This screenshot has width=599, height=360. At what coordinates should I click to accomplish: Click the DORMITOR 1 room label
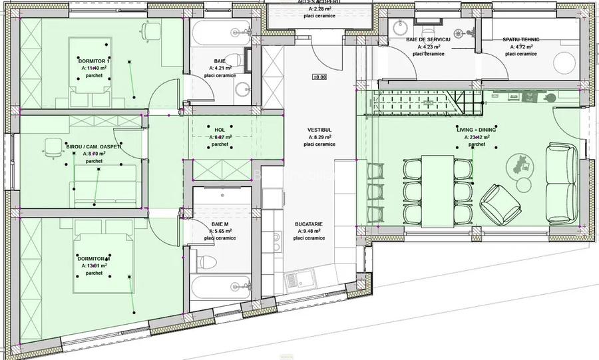(93, 61)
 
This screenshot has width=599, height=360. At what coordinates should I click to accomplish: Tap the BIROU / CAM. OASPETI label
(94, 146)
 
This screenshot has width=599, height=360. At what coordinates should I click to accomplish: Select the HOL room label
(220, 130)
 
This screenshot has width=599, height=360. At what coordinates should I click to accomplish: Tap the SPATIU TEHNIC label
(521, 40)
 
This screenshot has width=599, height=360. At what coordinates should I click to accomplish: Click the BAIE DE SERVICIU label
(429, 40)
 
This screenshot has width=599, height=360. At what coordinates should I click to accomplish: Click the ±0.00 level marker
(319, 77)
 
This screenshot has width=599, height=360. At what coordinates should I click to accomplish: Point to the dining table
(437, 189)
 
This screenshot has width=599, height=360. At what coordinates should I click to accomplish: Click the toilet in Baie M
(208, 261)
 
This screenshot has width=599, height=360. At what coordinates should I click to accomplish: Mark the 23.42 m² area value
(479, 137)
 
